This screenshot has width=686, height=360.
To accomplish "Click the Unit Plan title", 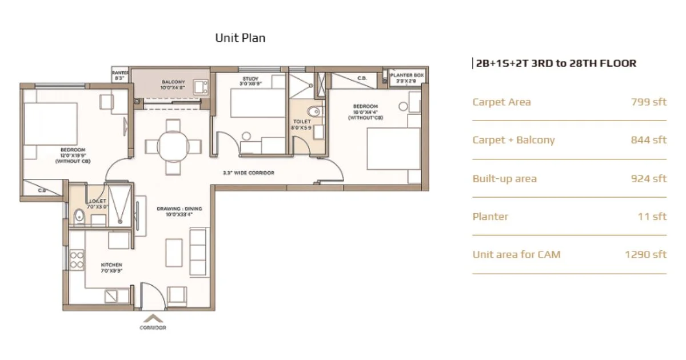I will pos(240,38).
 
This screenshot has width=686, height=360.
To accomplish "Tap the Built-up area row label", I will pos(504,178).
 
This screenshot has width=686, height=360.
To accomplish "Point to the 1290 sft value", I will pos(646,254).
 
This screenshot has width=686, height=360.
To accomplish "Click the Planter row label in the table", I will pos(490,217).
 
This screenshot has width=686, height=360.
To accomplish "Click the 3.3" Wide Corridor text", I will pos(248,172).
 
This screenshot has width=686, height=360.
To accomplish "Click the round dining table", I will pos(173,147).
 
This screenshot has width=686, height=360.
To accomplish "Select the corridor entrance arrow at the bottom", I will pos(153,318).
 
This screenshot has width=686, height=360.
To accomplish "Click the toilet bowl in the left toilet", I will pos(79,215).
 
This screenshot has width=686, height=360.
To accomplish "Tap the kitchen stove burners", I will pos(76,260).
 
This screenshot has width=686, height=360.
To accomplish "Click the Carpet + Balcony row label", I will pos(513,140).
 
